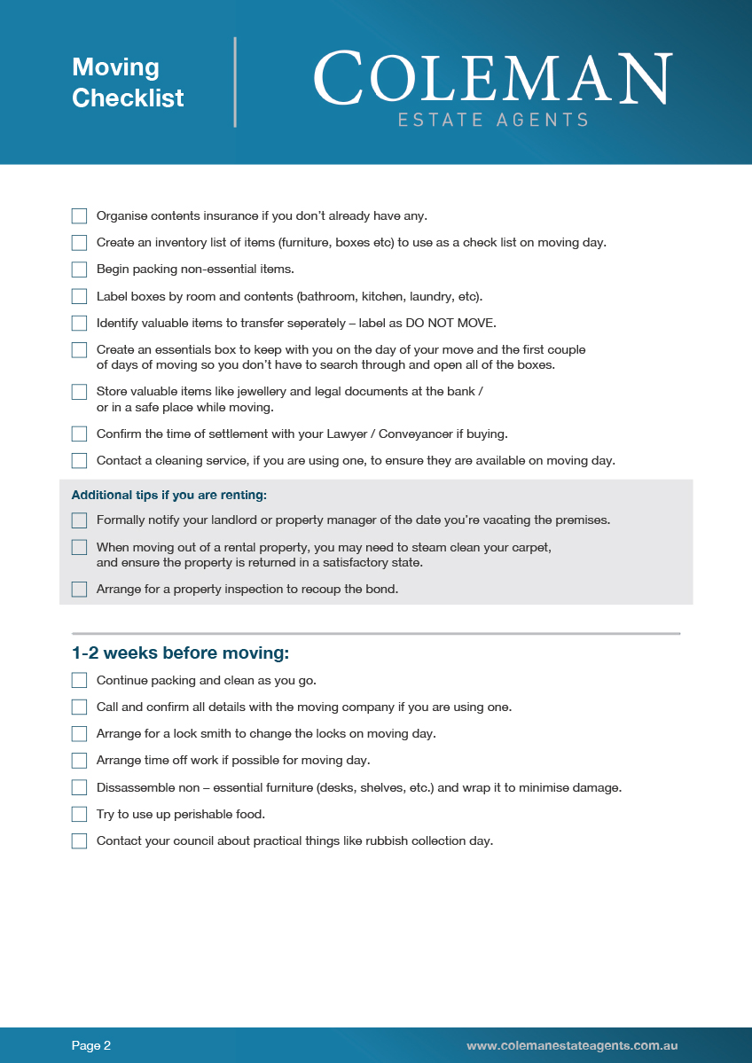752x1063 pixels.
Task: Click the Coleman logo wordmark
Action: click(x=492, y=80)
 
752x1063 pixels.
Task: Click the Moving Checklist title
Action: click(x=128, y=82)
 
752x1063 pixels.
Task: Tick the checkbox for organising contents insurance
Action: click(x=80, y=216)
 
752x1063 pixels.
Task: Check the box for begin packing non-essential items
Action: click(x=80, y=270)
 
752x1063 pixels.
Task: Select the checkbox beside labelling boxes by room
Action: click(x=80, y=296)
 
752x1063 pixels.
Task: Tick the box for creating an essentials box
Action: click(x=80, y=350)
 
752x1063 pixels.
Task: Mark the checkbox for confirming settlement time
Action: click(x=80, y=434)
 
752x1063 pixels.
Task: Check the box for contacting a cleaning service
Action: click(x=80, y=461)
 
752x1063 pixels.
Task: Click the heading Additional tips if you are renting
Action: click(x=169, y=495)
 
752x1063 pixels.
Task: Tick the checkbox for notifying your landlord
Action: click(x=80, y=520)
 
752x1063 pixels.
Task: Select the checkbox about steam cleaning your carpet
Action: click(x=80, y=548)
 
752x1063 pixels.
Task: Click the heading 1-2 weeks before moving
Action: click(x=181, y=653)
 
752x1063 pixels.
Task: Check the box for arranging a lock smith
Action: click(x=80, y=734)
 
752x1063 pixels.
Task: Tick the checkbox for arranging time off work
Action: click(x=80, y=761)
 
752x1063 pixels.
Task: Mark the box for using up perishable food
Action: click(x=80, y=814)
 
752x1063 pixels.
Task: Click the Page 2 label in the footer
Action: click(x=91, y=1046)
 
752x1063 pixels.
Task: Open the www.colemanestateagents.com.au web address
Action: click(x=572, y=1046)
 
